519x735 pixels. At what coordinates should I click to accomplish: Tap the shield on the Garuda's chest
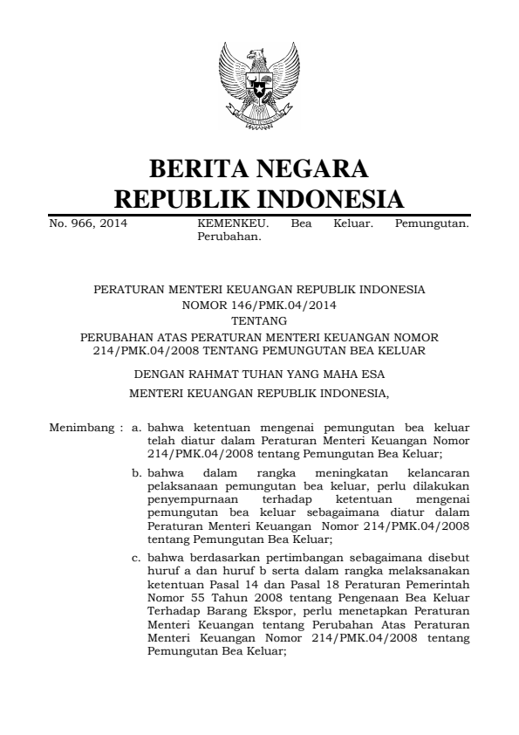click(259, 87)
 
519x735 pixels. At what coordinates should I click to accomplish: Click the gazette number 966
click(78, 223)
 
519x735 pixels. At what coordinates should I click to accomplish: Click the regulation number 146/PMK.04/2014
click(259, 306)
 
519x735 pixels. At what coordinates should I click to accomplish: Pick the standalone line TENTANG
click(259, 320)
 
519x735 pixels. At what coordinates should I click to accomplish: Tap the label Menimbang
click(81, 429)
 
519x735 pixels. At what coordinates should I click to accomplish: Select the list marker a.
click(136, 429)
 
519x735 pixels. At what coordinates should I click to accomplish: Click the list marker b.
click(137, 472)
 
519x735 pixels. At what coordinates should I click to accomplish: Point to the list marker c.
click(136, 556)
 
